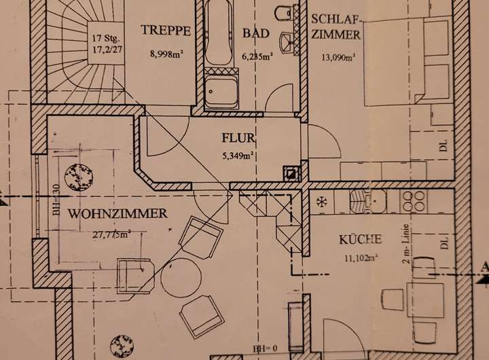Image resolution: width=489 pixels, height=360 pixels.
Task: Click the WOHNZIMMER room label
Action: click(117, 214)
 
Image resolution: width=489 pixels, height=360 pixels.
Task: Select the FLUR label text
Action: click(238, 140)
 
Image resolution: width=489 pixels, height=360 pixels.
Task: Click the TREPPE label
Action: click(160, 29)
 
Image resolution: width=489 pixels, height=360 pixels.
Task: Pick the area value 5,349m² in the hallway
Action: click(238, 156)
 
